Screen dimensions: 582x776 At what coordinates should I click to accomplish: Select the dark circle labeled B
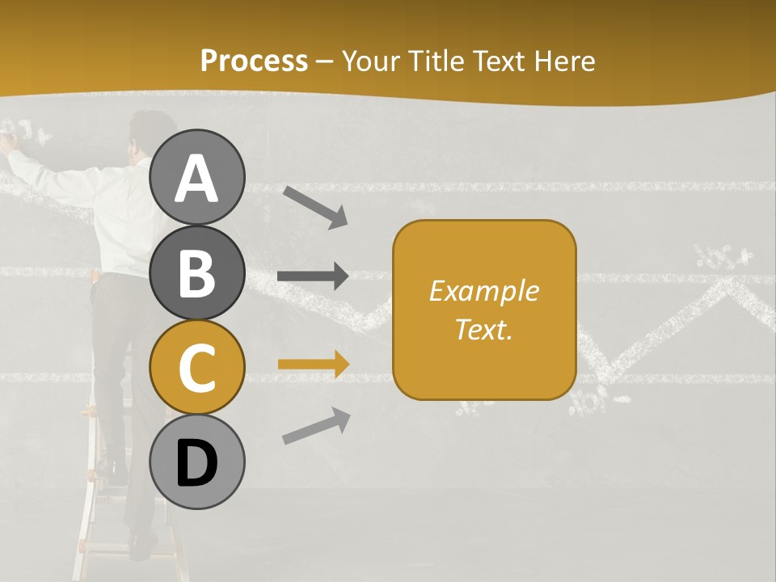point(197,272)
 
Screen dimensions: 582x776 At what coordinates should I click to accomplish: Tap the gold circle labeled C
point(197,368)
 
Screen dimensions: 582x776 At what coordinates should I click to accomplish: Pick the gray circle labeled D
point(197,462)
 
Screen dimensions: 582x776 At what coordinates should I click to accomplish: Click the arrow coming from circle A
point(315,206)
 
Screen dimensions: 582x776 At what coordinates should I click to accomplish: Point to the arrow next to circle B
point(313,276)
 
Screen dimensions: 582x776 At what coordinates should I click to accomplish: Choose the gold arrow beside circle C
point(313,364)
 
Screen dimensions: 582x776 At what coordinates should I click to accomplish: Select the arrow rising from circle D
point(316,426)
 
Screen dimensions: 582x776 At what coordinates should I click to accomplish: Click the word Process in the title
point(254,61)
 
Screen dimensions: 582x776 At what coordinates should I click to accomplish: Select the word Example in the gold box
point(483,291)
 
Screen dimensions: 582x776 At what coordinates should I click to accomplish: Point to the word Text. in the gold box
point(483,329)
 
